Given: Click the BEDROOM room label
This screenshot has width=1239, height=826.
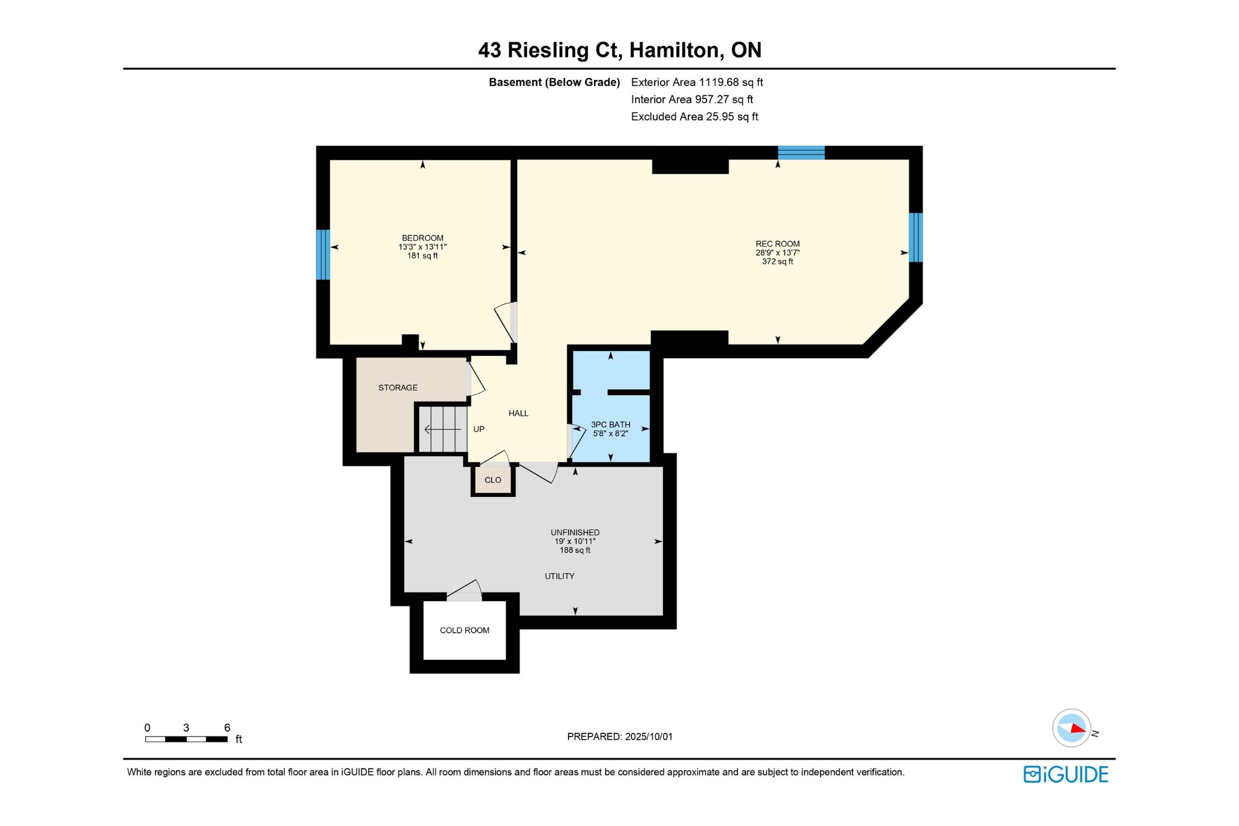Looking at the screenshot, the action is click(422, 238).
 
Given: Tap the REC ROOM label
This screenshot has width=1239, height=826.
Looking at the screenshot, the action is click(777, 244).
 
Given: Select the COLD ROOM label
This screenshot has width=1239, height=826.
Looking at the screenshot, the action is click(465, 630).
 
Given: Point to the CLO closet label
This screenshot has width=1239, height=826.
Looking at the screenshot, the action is click(493, 480).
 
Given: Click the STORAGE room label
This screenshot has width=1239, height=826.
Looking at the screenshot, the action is click(398, 387).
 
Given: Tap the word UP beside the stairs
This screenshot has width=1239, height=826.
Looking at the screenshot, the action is click(479, 429).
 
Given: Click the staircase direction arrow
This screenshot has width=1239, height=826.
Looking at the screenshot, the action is click(443, 430).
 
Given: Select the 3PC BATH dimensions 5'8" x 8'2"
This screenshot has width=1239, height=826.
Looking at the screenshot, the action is click(610, 433).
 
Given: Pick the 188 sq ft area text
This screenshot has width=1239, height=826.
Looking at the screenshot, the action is click(575, 550).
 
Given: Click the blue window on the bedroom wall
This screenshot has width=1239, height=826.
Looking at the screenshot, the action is click(323, 255).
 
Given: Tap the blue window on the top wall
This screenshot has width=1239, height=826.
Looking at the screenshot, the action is click(801, 152).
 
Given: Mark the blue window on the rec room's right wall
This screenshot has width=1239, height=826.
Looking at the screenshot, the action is click(916, 237).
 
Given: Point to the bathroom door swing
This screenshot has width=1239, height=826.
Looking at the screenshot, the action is click(576, 442).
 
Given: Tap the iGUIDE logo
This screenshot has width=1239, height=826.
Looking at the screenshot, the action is click(1066, 775).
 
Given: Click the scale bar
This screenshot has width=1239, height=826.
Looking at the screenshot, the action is click(186, 739).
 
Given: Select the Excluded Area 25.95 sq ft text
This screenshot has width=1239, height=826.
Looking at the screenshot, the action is click(695, 117).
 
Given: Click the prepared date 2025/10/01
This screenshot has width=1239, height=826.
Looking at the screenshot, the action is click(649, 736).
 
